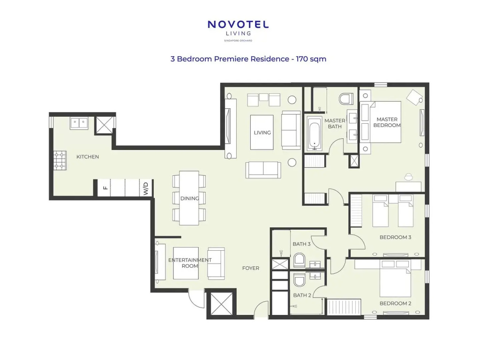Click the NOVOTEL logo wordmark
(x=238, y=24)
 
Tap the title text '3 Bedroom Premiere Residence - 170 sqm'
(x=248, y=59)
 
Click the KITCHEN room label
(x=88, y=157)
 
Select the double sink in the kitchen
(x=79, y=123)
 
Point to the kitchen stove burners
(x=60, y=160)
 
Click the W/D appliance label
(x=146, y=188)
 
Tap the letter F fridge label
(x=105, y=187)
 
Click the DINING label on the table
(x=189, y=198)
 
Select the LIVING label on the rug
(x=262, y=133)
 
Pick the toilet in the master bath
(x=346, y=99)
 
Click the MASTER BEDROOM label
(x=387, y=122)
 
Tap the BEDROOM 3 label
(x=395, y=237)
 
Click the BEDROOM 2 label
(x=395, y=303)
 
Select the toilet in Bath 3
(x=299, y=260)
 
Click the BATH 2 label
(x=302, y=295)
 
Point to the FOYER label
(x=251, y=268)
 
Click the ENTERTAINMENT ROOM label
(x=190, y=263)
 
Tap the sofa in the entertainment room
(x=216, y=263)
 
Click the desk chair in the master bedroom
(x=409, y=177)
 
